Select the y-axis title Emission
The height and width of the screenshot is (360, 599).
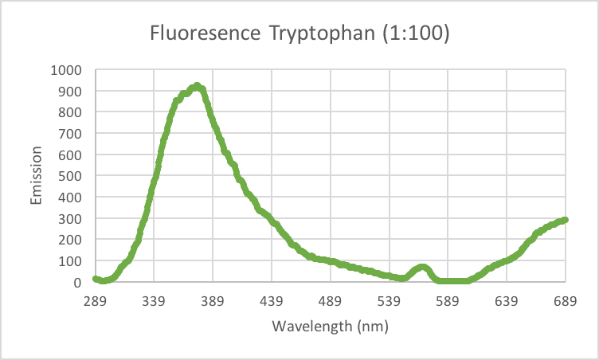coord(37,176)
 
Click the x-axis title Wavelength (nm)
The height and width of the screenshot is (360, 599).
coord(330,327)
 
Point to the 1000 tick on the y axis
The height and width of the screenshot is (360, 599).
coord(67,70)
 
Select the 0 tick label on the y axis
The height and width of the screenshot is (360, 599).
coord(77,282)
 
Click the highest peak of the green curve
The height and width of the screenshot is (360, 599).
coord(197,86)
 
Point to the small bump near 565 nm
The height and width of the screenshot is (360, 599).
coord(422,268)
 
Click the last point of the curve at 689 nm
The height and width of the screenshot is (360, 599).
coord(564,220)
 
